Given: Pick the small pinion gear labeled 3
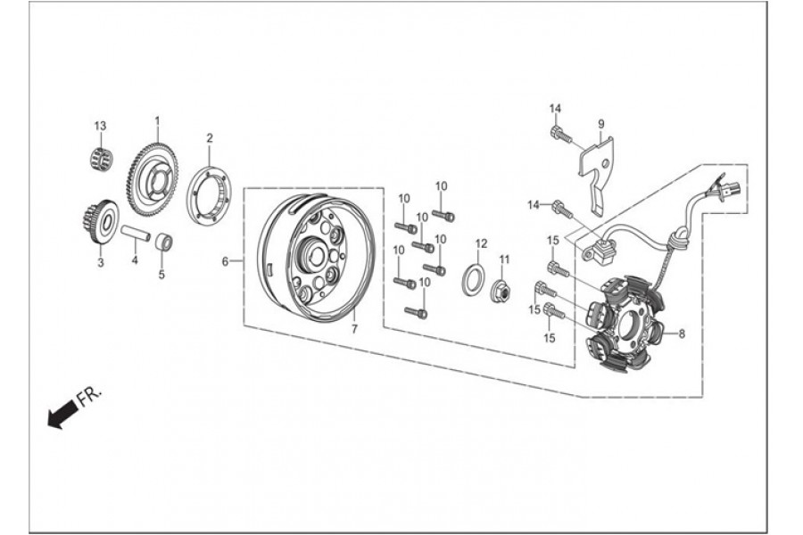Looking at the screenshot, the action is (x=100, y=224).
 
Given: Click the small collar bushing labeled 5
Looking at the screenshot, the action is (x=164, y=241).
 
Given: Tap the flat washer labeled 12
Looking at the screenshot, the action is (x=476, y=279).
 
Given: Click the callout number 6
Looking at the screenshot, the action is (x=225, y=261).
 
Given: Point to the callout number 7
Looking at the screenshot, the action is (x=354, y=329).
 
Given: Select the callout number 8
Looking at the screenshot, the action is (x=682, y=334).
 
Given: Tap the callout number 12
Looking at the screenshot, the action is (x=482, y=243).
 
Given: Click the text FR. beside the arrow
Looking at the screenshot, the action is (x=90, y=395).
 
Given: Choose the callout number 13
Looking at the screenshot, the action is (x=100, y=126).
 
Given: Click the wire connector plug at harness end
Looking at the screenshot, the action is (x=732, y=189).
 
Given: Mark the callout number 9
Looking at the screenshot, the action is (x=601, y=124).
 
